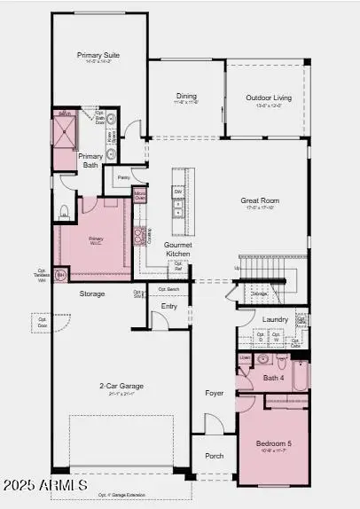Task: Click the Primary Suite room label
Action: click(x=98, y=54)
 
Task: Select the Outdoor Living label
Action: click(x=266, y=98)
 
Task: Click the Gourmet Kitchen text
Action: click(x=178, y=249)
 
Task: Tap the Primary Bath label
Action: click(x=90, y=161)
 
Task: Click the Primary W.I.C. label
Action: click(x=96, y=239)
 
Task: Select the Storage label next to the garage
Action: click(x=91, y=294)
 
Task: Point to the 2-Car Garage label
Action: click(x=121, y=386)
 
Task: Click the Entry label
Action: click(x=169, y=306)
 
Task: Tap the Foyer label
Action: click(x=215, y=392)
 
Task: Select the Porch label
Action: click(x=215, y=457)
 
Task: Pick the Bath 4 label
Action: click(x=274, y=379)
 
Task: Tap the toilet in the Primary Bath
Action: click(x=64, y=211)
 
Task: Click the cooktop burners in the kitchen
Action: click(x=139, y=235)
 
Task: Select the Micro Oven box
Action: click(x=139, y=194)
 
